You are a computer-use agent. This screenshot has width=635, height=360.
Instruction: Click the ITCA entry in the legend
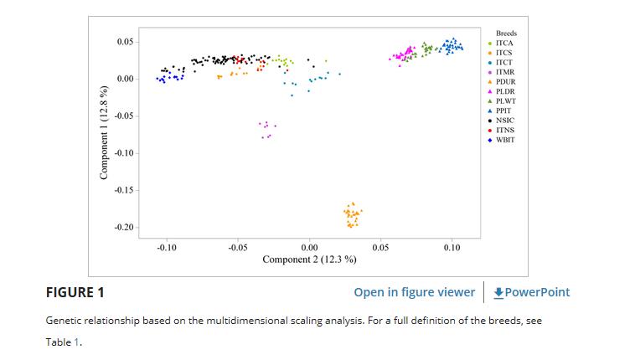tap(504, 43)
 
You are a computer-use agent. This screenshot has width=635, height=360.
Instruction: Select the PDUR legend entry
tap(505, 82)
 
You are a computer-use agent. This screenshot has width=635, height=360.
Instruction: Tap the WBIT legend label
tap(505, 140)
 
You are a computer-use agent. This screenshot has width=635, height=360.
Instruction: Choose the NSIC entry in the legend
tap(505, 121)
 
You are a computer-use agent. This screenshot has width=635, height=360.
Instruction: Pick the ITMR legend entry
tap(505, 72)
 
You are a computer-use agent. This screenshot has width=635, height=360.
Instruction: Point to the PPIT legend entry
tap(504, 111)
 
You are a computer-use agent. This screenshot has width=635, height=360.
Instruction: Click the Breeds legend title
tap(506, 33)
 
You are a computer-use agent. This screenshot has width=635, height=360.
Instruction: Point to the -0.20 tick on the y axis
tap(124, 228)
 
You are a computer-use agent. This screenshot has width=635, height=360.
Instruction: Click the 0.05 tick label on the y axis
tap(126, 42)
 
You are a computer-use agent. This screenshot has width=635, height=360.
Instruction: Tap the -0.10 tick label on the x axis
tap(167, 249)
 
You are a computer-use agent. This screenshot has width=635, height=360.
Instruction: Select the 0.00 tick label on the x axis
tap(308, 249)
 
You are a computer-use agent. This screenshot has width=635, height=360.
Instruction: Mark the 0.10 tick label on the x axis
tap(452, 249)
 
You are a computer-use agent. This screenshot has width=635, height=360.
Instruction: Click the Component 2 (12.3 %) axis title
tap(309, 260)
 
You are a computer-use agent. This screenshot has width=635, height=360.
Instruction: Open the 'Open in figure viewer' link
tap(414, 292)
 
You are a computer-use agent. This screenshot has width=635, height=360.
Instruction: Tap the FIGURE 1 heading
tap(75, 292)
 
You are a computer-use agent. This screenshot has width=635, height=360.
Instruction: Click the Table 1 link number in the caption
tap(78, 342)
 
